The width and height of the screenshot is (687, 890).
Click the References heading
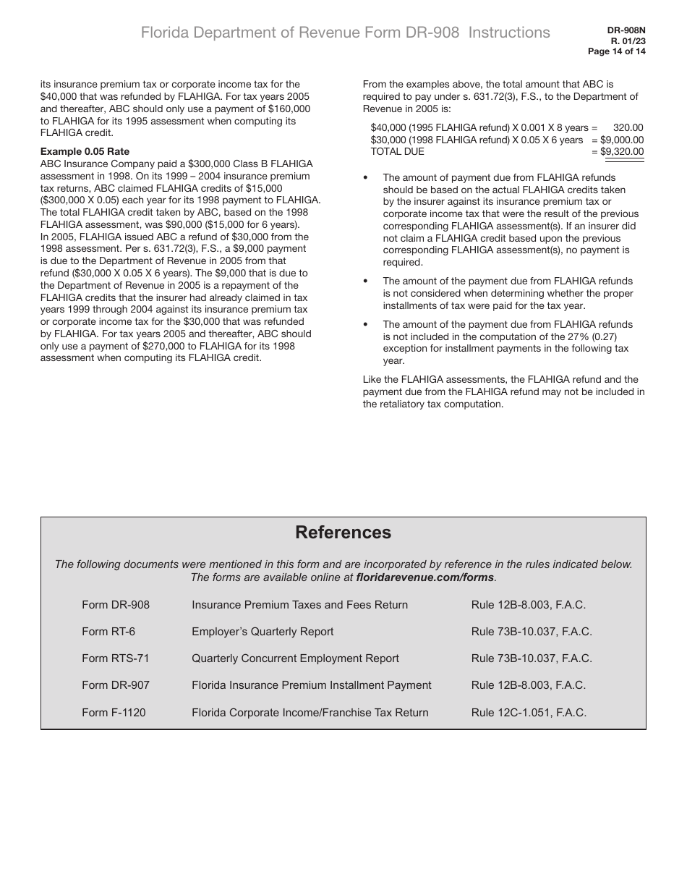tap(343, 533)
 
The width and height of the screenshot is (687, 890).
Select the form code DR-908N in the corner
tap(626, 31)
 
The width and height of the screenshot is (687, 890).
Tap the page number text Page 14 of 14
tap(616, 51)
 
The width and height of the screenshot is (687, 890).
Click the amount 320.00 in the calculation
tap(628, 127)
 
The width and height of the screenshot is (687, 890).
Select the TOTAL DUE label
tap(397, 151)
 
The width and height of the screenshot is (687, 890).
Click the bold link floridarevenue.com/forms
tap(425, 577)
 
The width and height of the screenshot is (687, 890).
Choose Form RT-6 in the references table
tap(108, 632)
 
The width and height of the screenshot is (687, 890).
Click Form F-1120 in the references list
tap(114, 713)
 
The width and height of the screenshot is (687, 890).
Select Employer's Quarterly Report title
tap(263, 632)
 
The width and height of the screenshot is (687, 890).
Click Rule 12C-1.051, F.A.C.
tap(529, 713)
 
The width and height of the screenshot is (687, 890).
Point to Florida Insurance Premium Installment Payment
tap(311, 685)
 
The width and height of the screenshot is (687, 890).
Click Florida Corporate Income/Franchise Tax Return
tap(310, 713)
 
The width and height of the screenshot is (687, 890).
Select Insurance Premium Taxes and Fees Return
tap(299, 605)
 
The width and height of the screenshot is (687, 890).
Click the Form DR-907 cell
tap(116, 685)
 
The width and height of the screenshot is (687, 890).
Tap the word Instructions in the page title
tap(509, 33)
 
